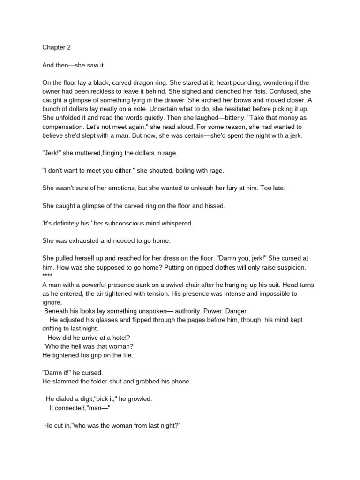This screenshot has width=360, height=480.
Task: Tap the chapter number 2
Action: click(x=69, y=47)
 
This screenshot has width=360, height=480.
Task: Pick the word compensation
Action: click(x=64, y=127)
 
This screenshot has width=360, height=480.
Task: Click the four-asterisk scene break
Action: click(x=48, y=275)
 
